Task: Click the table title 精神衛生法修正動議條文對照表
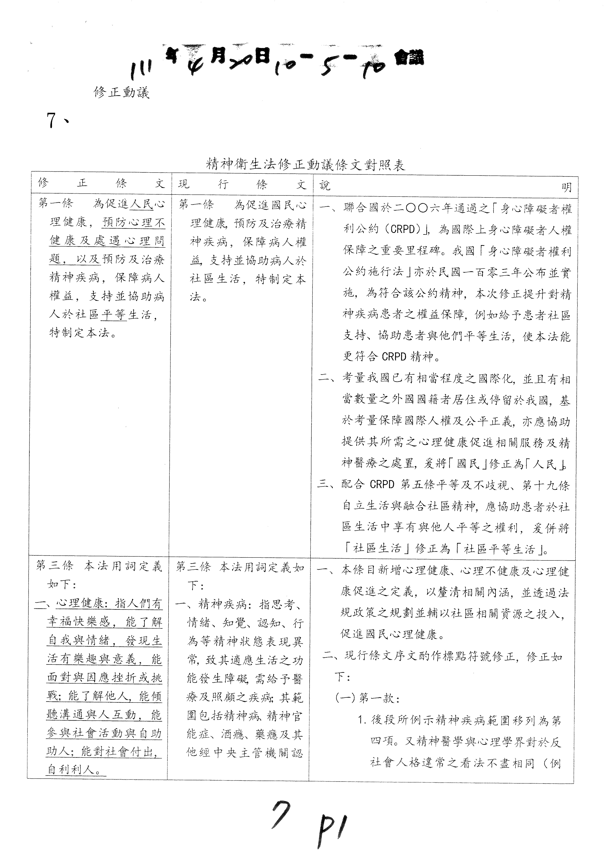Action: pos(306,164)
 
